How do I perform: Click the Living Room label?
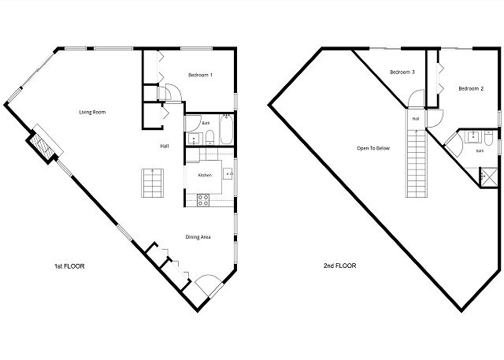tap(92, 112)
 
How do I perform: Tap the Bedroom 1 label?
tap(200, 75)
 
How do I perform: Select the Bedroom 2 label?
tap(471, 89)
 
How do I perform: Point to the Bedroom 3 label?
tap(402, 72)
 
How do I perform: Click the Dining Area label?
tap(198, 237)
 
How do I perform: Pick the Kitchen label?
tap(205, 175)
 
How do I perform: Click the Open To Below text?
tap(372, 148)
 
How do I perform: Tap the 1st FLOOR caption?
tap(69, 266)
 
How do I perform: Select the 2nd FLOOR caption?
tap(339, 265)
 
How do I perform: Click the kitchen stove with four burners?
tap(203, 200)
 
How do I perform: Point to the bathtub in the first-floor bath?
tap(226, 129)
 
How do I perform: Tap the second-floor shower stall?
tap(488, 177)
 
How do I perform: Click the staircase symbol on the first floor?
tap(152, 183)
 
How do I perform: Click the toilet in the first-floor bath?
tap(209, 137)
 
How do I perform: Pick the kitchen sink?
tap(228, 173)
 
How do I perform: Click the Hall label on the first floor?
tap(165, 147)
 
